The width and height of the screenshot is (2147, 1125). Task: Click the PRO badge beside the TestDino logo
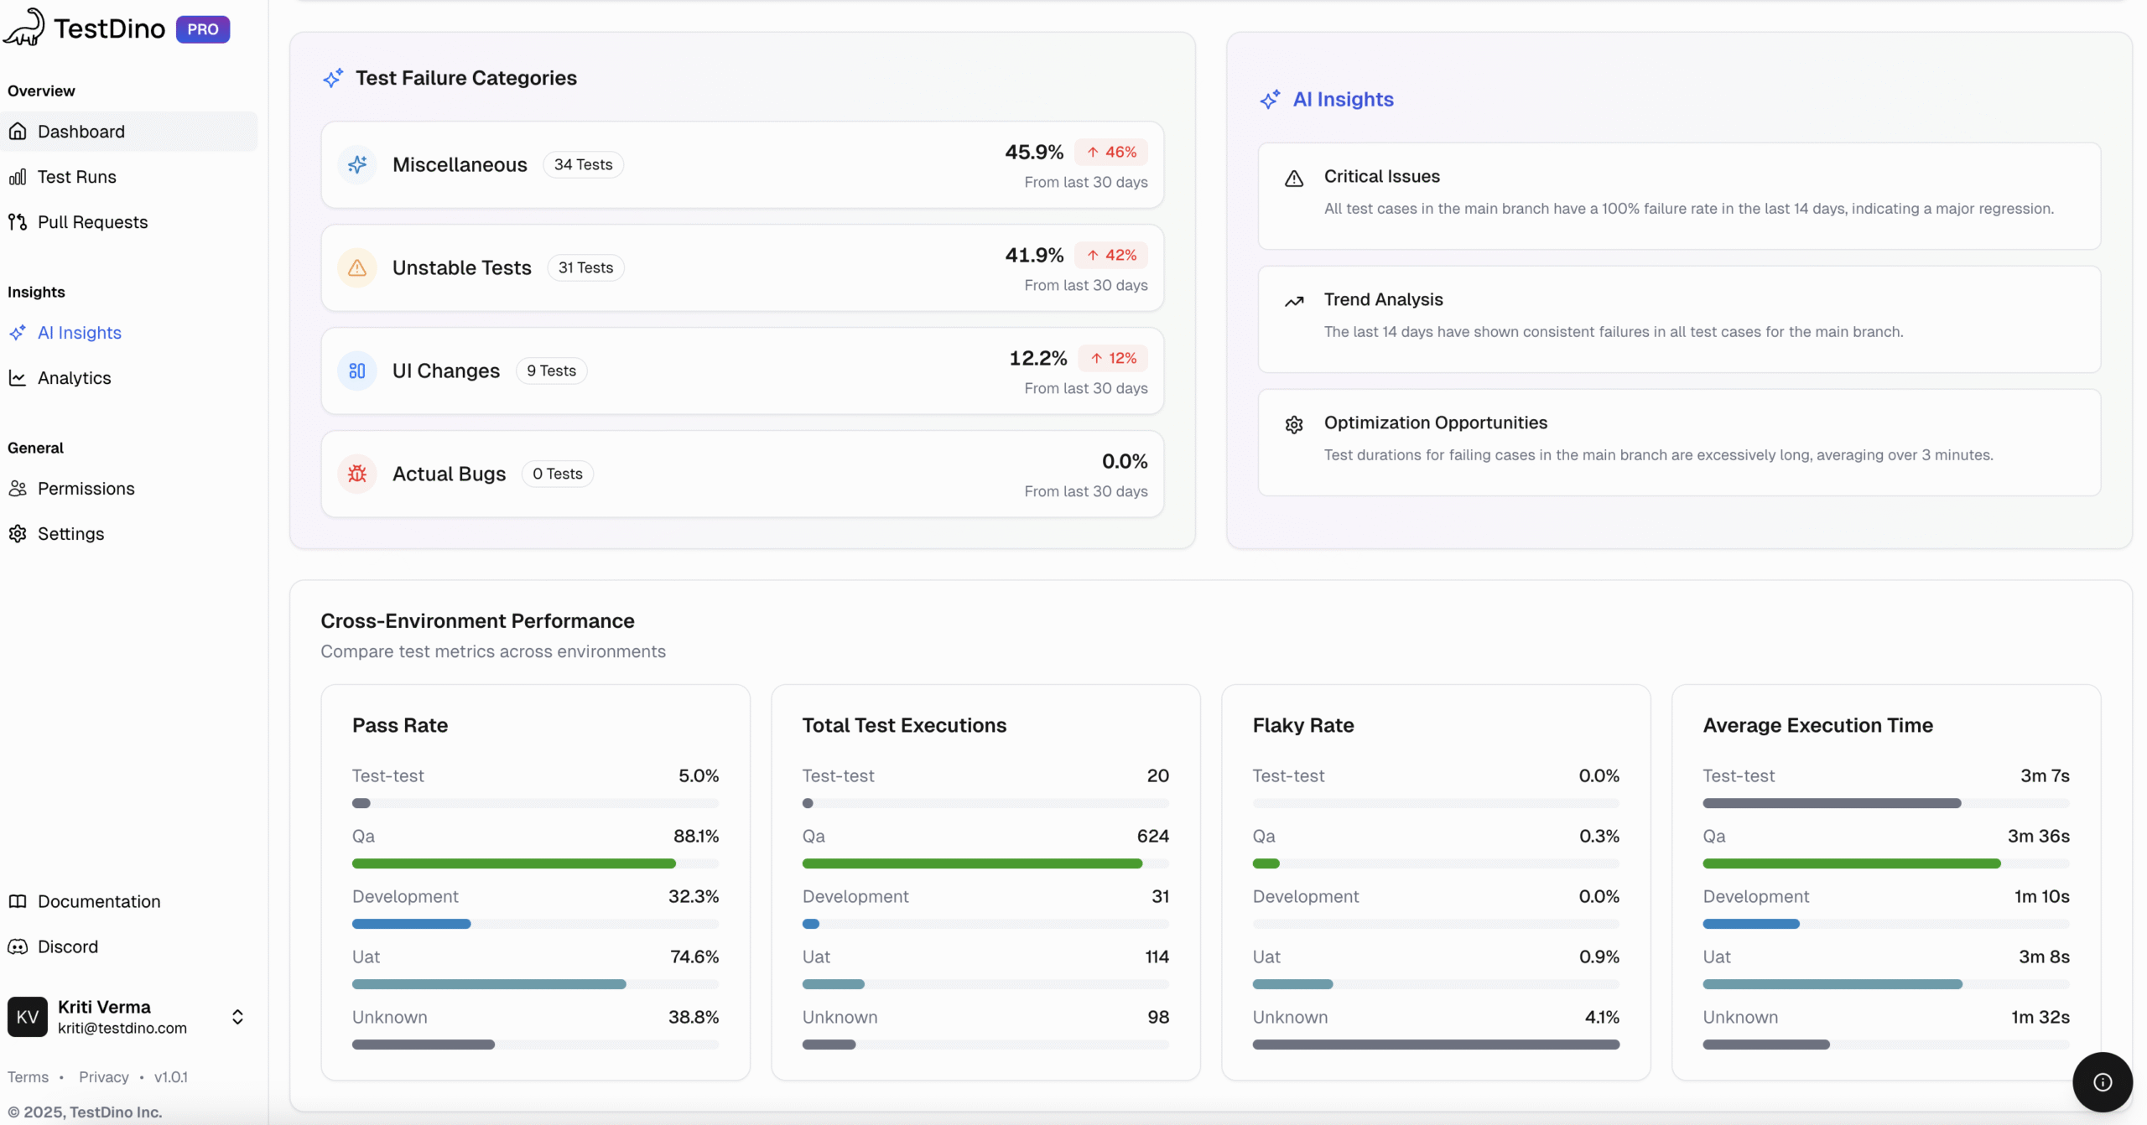pyautogui.click(x=202, y=29)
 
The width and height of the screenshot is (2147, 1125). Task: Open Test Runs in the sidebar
pyautogui.click(x=76, y=177)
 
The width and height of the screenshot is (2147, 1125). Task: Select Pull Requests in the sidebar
pyautogui.click(x=92, y=222)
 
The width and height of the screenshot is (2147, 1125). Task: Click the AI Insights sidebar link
pyautogui.click(x=79, y=333)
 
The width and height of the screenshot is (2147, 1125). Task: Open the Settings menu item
pyautogui.click(x=70, y=534)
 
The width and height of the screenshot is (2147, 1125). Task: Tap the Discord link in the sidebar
pyautogui.click(x=67, y=946)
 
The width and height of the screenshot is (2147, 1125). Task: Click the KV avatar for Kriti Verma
pyautogui.click(x=28, y=1017)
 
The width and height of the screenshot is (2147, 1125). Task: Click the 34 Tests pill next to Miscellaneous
pyautogui.click(x=583, y=165)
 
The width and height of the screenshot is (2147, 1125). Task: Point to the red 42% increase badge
pyautogui.click(x=1111, y=255)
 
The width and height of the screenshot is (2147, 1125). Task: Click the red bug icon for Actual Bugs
pyautogui.click(x=357, y=474)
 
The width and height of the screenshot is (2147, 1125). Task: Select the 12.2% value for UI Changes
pyautogui.click(x=1037, y=358)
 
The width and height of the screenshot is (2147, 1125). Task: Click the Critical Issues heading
pyautogui.click(x=1381, y=176)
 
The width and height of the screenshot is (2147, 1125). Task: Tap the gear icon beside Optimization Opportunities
pyautogui.click(x=1294, y=425)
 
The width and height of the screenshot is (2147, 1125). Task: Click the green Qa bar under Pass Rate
pyautogui.click(x=513, y=863)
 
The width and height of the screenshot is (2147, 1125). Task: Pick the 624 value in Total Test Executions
pyautogui.click(x=1152, y=836)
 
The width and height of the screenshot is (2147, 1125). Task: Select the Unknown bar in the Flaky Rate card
pyautogui.click(x=1435, y=1045)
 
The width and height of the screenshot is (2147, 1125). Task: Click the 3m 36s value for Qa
pyautogui.click(x=2038, y=836)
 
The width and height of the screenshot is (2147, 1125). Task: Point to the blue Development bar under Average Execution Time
pyautogui.click(x=1750, y=924)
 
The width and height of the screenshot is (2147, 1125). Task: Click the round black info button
pyautogui.click(x=2102, y=1082)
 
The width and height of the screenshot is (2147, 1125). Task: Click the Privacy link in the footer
pyautogui.click(x=103, y=1077)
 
